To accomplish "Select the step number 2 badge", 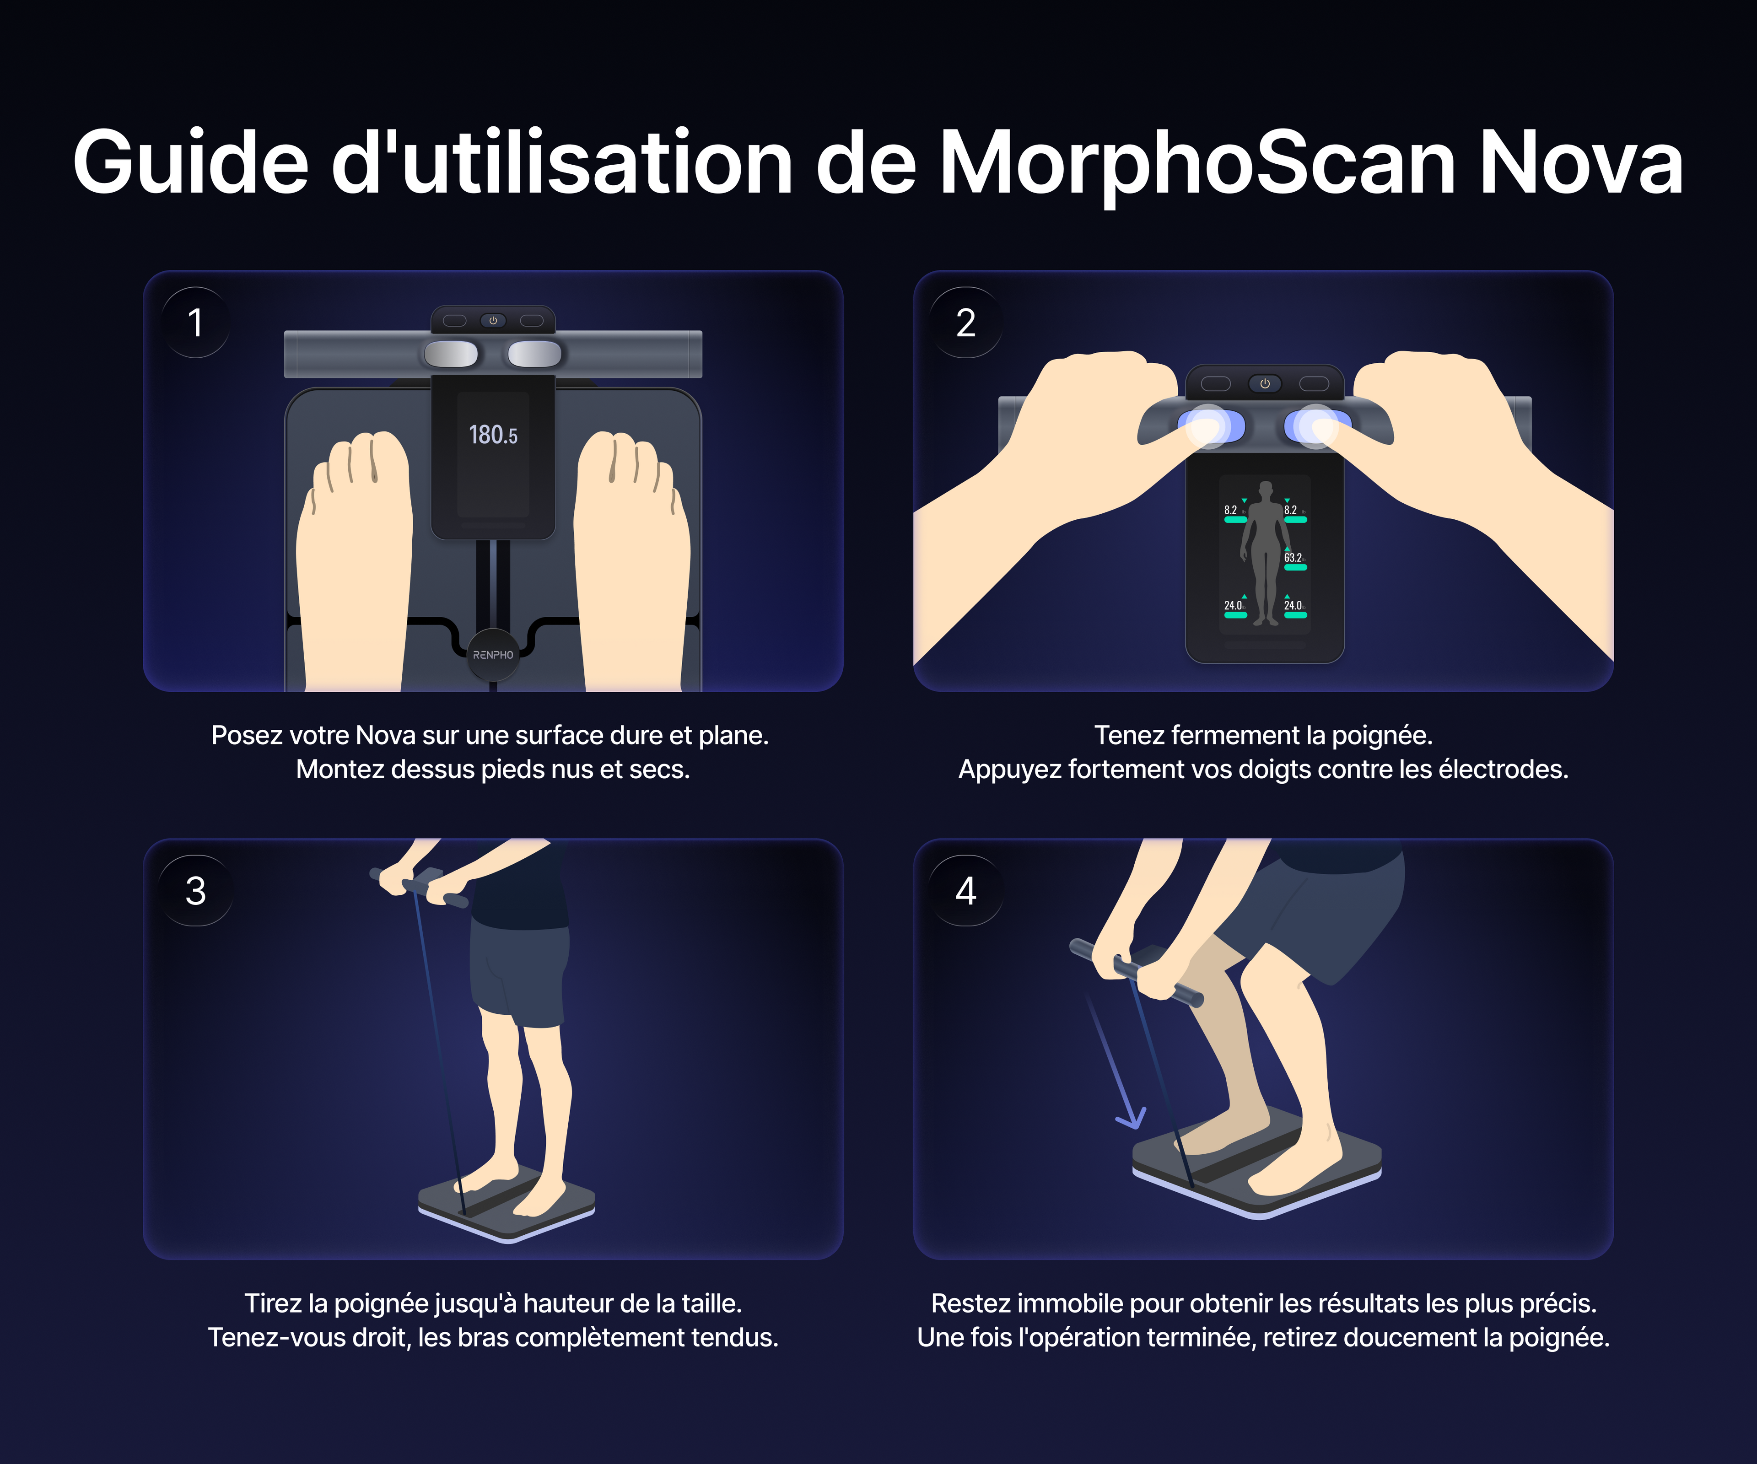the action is tap(966, 323).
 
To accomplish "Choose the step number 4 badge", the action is tap(966, 891).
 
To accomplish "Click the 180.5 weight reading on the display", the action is tap(493, 435).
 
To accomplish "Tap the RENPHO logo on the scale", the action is tap(493, 655).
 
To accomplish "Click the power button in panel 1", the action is tap(493, 320).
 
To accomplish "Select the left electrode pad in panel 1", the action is tap(451, 354).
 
